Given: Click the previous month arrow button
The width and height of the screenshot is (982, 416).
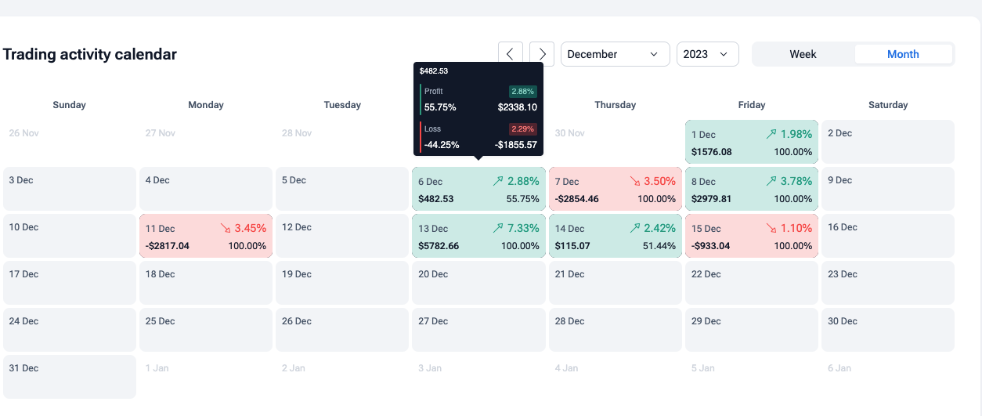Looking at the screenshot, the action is pyautogui.click(x=511, y=54).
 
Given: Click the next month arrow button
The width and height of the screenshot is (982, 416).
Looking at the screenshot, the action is pyautogui.click(x=542, y=54).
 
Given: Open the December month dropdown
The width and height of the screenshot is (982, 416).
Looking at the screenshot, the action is pyautogui.click(x=615, y=54).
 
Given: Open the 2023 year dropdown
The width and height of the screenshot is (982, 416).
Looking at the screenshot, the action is pyautogui.click(x=708, y=54).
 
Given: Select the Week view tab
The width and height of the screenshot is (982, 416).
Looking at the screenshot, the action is pyautogui.click(x=803, y=54).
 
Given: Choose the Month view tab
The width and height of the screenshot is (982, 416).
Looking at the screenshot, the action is pyautogui.click(x=903, y=54).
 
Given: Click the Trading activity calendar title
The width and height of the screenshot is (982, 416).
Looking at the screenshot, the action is pyautogui.click(x=89, y=54).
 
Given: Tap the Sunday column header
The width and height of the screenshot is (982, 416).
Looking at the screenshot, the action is pyautogui.click(x=69, y=105).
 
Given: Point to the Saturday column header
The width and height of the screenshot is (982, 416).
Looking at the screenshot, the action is pyautogui.click(x=888, y=105).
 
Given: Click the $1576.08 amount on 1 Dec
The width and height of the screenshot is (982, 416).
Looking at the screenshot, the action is pyautogui.click(x=711, y=152).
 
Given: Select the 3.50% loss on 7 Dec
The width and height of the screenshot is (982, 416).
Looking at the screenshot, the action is pyautogui.click(x=659, y=181).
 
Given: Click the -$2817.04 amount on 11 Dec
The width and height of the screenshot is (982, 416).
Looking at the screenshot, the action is pyautogui.click(x=167, y=245).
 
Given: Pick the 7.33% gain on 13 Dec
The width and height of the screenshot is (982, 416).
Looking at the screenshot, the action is pyautogui.click(x=523, y=228).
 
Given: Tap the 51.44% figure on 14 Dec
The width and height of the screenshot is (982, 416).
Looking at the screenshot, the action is pyautogui.click(x=659, y=245).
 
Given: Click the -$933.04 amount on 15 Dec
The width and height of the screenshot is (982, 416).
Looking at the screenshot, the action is pyautogui.click(x=710, y=245).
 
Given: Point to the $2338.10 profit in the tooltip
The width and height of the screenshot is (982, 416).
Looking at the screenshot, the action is pyautogui.click(x=518, y=107).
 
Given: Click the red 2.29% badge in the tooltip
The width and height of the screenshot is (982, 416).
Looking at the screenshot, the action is pyautogui.click(x=522, y=129).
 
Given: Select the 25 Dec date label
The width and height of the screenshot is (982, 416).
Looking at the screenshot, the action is pyautogui.click(x=160, y=321).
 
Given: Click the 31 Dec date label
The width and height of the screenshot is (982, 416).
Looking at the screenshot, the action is pyautogui.click(x=23, y=367).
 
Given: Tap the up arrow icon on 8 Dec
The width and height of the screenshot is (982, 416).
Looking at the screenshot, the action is pyautogui.click(x=771, y=181).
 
